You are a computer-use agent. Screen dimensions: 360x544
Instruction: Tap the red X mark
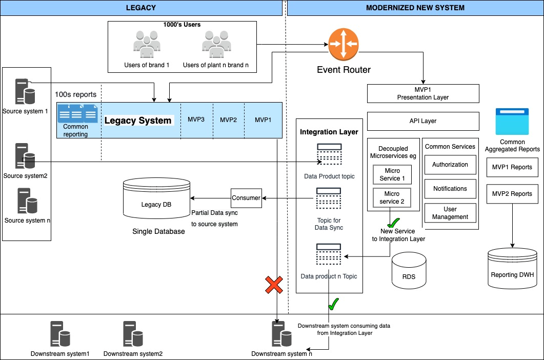point(274,285)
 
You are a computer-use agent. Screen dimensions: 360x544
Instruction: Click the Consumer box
point(246,198)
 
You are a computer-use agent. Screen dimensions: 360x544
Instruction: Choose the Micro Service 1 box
point(392,174)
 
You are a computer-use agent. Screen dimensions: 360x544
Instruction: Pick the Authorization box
point(450,165)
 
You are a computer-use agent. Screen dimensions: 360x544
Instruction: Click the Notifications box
point(450,189)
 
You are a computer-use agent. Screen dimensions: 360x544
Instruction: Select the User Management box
point(450,213)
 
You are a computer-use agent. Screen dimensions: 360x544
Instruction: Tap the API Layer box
point(423,121)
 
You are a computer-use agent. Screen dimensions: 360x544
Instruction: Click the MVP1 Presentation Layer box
point(423,93)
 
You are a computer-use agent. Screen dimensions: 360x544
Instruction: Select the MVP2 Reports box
point(512,194)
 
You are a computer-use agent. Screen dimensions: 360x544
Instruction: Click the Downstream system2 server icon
point(133,334)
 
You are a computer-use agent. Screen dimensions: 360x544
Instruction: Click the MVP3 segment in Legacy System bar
point(196,120)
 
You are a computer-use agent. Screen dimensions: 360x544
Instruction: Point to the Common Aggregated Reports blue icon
point(512,122)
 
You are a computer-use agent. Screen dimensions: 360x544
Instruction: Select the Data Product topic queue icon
point(329,154)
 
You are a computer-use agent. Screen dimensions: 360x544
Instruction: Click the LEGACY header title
point(141,8)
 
